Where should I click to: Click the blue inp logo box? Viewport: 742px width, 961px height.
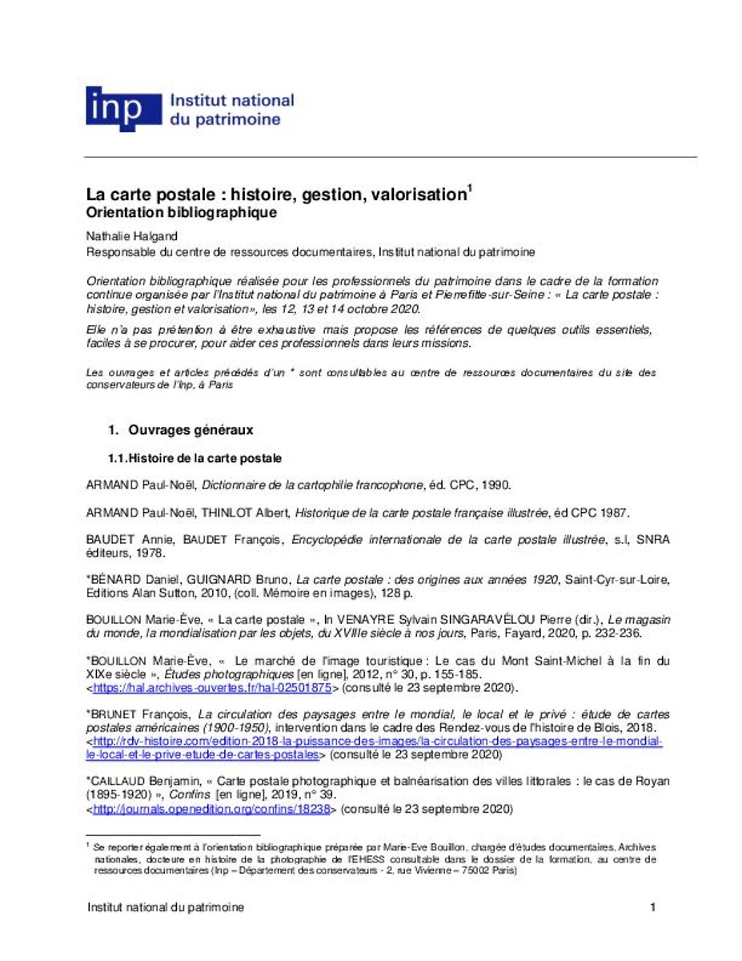[x=114, y=108]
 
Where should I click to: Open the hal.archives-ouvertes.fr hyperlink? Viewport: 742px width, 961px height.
[x=212, y=687]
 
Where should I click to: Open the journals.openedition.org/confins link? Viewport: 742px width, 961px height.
[x=212, y=809]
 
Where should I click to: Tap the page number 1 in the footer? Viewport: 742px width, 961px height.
[x=653, y=907]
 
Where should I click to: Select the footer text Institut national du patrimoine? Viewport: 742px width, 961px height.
[x=165, y=907]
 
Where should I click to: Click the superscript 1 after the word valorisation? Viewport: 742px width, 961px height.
[x=470, y=188]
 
